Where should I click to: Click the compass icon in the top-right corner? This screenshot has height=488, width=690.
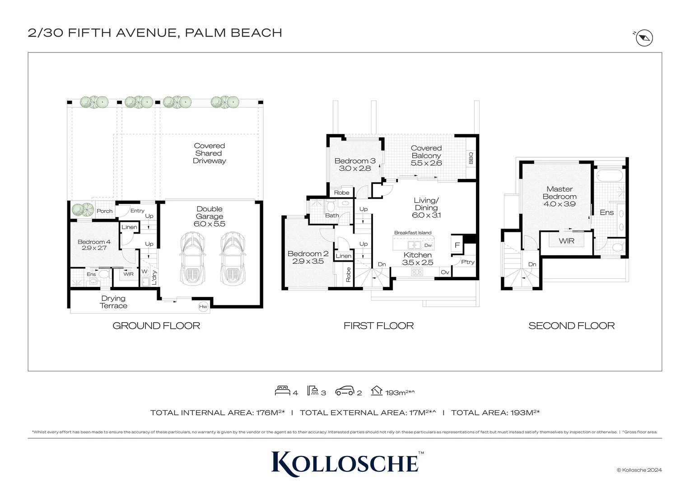pyautogui.click(x=644, y=38)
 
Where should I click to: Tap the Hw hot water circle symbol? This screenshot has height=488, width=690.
pyautogui.click(x=203, y=307)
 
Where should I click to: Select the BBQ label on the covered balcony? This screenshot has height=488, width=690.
pyautogui.click(x=471, y=158)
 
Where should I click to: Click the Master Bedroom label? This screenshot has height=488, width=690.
pyautogui.click(x=559, y=193)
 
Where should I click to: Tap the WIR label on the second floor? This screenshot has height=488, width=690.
pyautogui.click(x=566, y=241)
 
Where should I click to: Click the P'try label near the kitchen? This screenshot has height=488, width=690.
pyautogui.click(x=468, y=262)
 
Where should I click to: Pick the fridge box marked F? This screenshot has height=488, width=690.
pyautogui.click(x=457, y=245)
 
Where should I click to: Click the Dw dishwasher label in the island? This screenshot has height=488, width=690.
pyautogui.click(x=428, y=245)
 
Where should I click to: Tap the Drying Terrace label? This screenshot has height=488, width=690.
pyautogui.click(x=113, y=302)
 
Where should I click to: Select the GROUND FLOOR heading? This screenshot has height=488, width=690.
pyautogui.click(x=156, y=326)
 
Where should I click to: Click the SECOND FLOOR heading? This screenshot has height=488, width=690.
pyautogui.click(x=571, y=326)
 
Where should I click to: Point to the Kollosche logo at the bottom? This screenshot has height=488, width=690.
pyautogui.click(x=345, y=463)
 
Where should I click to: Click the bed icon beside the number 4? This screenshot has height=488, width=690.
pyautogui.click(x=282, y=391)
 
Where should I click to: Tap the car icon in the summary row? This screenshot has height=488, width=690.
pyautogui.click(x=345, y=391)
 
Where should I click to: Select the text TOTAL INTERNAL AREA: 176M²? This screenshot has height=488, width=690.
pyautogui.click(x=217, y=413)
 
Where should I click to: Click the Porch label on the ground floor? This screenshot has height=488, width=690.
pyautogui.click(x=104, y=211)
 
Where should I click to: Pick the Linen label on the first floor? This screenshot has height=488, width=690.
pyautogui.click(x=343, y=256)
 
